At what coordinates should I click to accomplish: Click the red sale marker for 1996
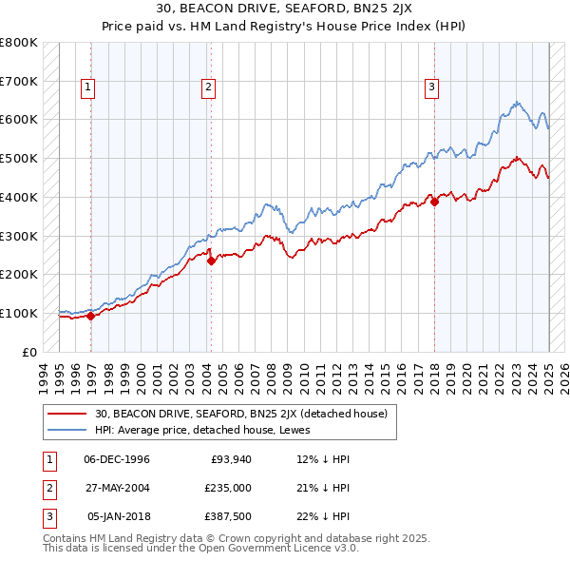click(90, 317)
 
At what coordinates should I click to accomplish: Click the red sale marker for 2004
click(210, 261)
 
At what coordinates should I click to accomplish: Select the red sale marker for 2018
click(434, 202)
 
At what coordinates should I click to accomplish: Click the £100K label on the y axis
click(19, 313)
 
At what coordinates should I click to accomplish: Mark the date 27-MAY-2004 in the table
click(117, 488)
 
